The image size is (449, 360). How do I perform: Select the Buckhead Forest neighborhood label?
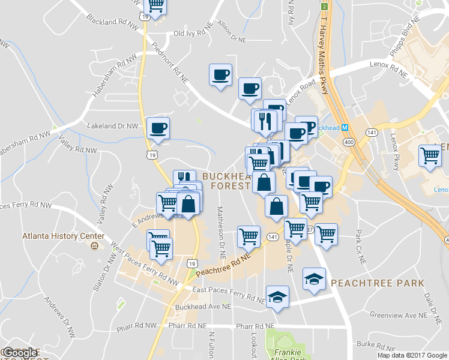tap(225, 181)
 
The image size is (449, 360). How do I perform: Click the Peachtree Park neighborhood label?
tap(377, 283)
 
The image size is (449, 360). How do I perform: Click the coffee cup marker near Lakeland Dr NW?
tap(158, 128)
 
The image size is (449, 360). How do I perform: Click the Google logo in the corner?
tap(20, 353)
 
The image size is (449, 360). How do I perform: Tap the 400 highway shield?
tap(349, 142)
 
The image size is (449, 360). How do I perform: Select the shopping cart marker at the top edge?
tap(155, 6)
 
